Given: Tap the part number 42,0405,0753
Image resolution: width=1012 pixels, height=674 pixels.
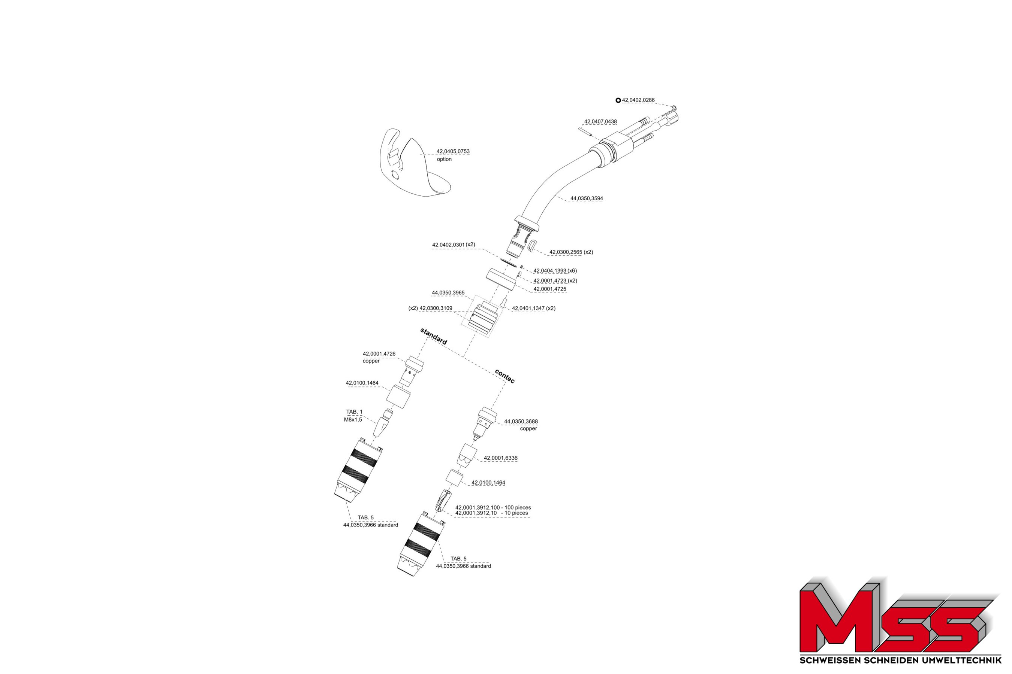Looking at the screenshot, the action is pos(453,151).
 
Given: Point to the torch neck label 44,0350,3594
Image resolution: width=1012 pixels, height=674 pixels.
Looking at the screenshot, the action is pos(587,198).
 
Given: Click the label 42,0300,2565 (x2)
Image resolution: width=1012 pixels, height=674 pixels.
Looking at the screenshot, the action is pos(571,252).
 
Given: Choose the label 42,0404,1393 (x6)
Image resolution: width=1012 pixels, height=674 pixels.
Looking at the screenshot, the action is pos(555,271).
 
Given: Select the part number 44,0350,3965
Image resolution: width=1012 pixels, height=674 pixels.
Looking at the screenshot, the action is pos(448,293).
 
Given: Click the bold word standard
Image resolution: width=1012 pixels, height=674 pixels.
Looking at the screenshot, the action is pos(433,336).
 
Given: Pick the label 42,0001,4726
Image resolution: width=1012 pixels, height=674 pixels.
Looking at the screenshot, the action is pos(379,354).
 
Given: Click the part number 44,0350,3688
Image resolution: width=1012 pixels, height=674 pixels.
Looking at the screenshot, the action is pos(521,422).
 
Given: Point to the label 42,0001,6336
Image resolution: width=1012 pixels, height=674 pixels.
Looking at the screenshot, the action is pos(500,458).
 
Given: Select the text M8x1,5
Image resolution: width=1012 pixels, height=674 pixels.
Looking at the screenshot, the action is pos(353,419).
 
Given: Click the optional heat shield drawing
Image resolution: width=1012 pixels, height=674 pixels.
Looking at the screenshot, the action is pos(415,163).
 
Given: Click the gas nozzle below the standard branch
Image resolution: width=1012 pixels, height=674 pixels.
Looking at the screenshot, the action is pos(358,470).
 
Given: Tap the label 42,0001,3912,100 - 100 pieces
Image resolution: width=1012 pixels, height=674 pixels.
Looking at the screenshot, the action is pos(493,507).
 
